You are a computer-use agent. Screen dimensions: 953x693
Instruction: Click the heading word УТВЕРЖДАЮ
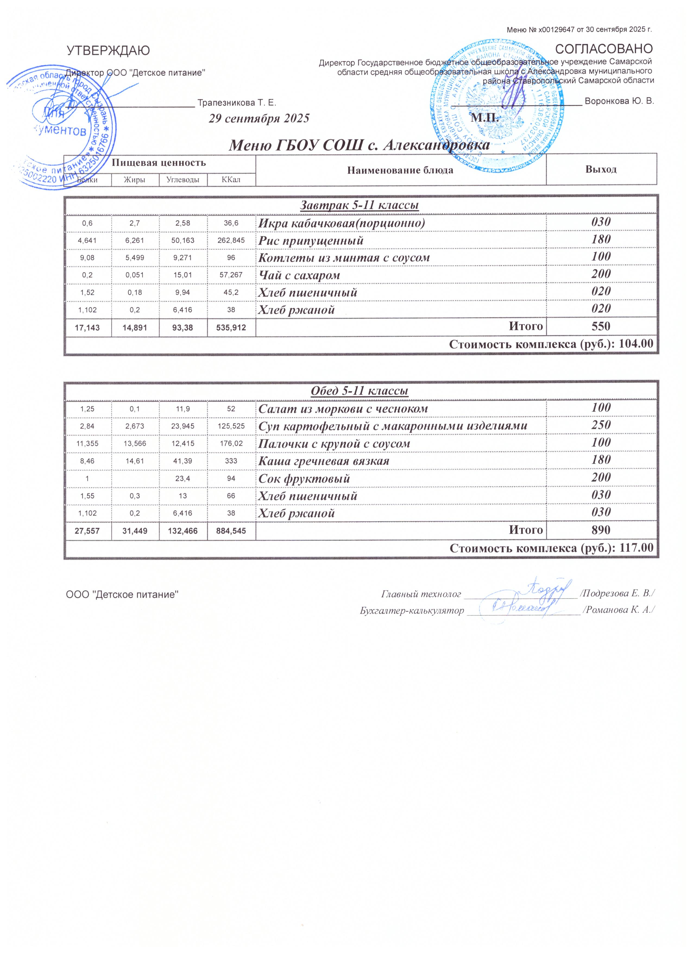pos(108,51)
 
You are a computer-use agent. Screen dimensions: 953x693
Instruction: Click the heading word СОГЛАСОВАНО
pos(604,49)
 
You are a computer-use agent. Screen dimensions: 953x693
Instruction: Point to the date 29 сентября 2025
pos(259,118)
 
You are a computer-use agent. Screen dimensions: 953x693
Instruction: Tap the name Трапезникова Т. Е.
pos(237,103)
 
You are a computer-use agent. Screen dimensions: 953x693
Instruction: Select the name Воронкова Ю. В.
pos(619,101)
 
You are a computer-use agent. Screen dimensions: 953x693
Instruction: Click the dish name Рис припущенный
pos(311,241)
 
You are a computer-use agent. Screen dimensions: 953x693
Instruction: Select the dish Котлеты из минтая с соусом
pos(344,258)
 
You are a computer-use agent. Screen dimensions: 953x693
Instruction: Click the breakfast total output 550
pos(601,326)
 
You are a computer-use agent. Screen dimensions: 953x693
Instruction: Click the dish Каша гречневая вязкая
pos(324,461)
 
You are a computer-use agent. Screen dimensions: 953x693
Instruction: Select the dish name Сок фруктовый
pos(304,479)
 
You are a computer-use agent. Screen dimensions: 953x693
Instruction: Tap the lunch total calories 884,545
pos(231,531)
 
